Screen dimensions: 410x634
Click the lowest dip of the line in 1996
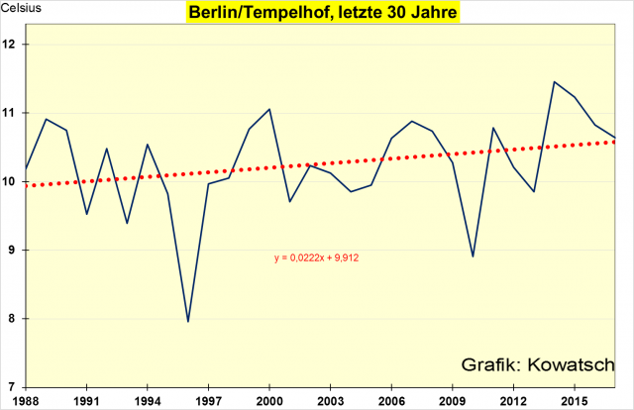188,321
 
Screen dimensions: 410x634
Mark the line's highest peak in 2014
554,82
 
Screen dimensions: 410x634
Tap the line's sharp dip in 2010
473,256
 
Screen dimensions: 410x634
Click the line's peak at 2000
269,109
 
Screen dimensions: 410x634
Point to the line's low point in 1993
127,223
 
